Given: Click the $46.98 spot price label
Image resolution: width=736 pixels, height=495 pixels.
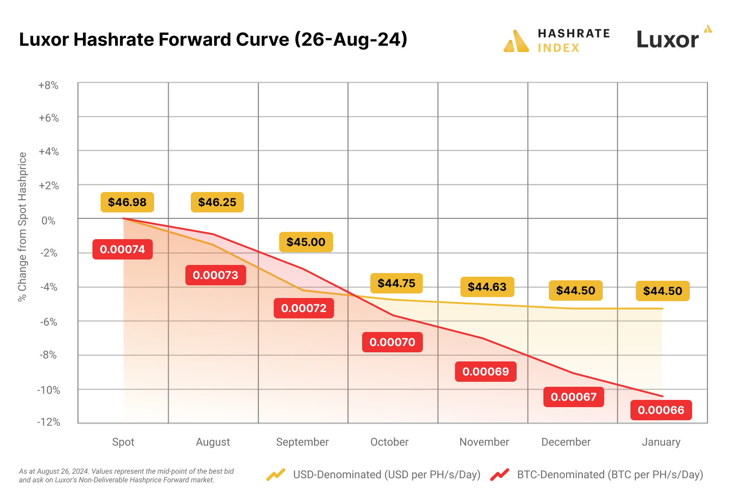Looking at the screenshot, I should pyautogui.click(x=127, y=202).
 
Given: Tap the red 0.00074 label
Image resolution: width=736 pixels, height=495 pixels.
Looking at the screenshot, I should pyautogui.click(x=122, y=250).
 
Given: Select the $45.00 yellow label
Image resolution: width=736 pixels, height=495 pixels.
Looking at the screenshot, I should pyautogui.click(x=306, y=242).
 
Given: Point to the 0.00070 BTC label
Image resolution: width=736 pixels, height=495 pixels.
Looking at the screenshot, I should pyautogui.click(x=392, y=342).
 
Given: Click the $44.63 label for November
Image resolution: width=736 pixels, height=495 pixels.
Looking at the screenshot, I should pyautogui.click(x=487, y=287).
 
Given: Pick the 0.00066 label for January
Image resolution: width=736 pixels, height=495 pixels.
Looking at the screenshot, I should pyautogui.click(x=661, y=410).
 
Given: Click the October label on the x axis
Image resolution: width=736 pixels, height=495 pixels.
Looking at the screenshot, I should pyautogui.click(x=389, y=442).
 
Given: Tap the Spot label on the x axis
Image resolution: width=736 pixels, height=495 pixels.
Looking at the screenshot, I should pyautogui.click(x=123, y=442).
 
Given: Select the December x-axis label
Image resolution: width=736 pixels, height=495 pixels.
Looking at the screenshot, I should pyautogui.click(x=566, y=442).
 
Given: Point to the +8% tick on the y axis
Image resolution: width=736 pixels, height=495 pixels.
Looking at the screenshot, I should pyautogui.click(x=48, y=86).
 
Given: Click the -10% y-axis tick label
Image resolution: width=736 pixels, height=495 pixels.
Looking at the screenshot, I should pyautogui.click(x=48, y=390).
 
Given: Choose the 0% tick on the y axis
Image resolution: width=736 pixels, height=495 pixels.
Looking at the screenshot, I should pyautogui.click(x=48, y=221).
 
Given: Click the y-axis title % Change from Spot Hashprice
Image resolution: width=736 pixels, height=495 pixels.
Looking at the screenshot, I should pyautogui.click(x=22, y=226).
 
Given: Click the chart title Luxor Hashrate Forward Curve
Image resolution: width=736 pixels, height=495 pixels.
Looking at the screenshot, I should pyautogui.click(x=213, y=39).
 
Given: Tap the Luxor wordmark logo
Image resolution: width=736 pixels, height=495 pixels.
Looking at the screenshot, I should pyautogui.click(x=668, y=40).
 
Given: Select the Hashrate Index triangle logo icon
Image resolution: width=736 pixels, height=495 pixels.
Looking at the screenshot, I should pyautogui.click(x=516, y=41).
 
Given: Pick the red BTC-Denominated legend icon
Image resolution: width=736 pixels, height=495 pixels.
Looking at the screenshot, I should pyautogui.click(x=499, y=475).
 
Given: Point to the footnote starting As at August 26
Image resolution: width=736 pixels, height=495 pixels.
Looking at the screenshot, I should pyautogui.click(x=126, y=476).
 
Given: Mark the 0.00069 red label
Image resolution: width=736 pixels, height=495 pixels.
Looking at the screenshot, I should pyautogui.click(x=485, y=372).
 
